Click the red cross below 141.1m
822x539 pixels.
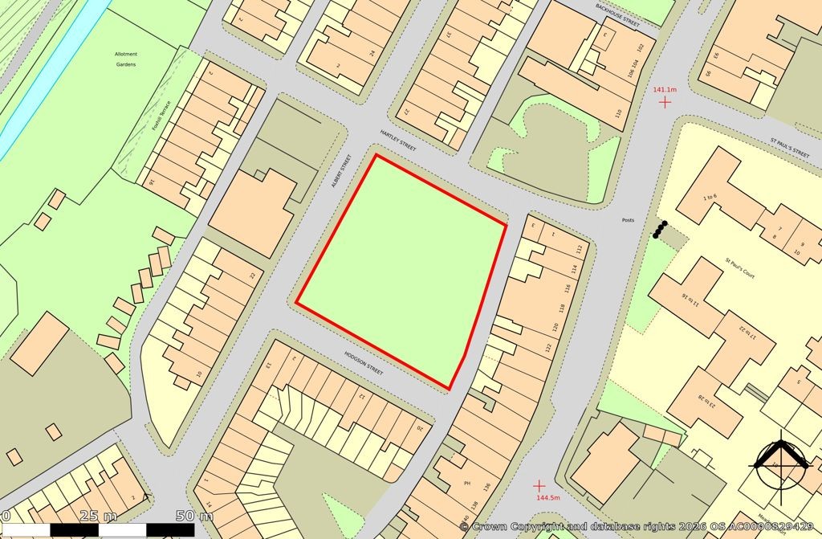pyautogui.click(x=664, y=103)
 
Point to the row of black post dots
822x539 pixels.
pyautogui.click(x=660, y=230)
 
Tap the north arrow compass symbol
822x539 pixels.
pyautogui.click(x=779, y=463)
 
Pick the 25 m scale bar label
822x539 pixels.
pyautogui.click(x=99, y=516)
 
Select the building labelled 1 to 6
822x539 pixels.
pyautogui.click(x=712, y=198)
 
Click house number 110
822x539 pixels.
pyautogui.click(x=617, y=113)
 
